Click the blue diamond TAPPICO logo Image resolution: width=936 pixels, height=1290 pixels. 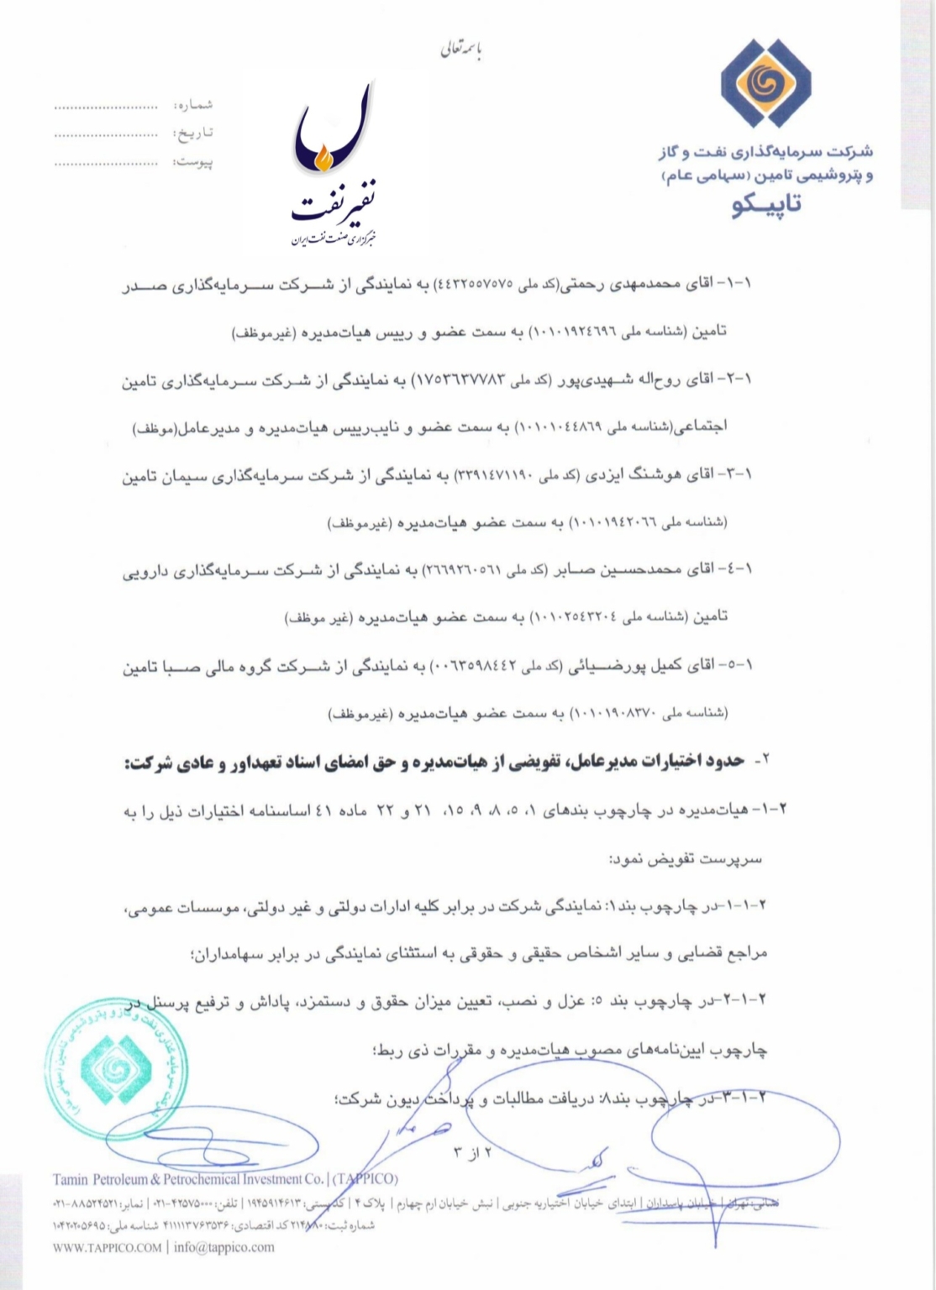tap(766, 82)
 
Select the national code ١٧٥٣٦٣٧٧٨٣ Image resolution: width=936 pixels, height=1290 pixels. tap(458, 380)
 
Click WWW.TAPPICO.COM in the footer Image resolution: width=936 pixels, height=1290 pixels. tap(106, 1247)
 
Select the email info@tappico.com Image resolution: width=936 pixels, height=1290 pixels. tap(224, 1247)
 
